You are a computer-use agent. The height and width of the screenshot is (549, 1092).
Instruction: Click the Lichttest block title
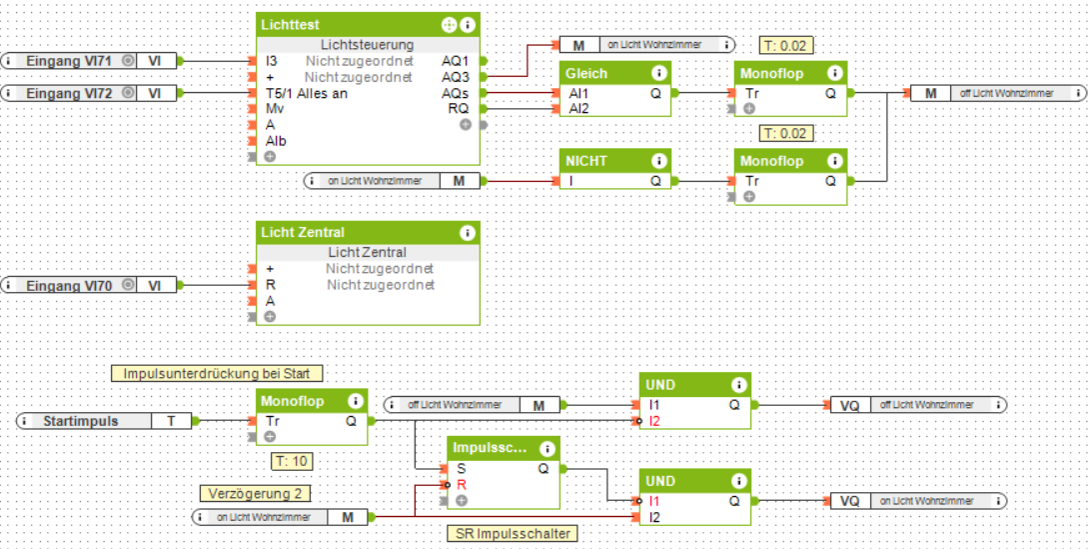[x=290, y=24]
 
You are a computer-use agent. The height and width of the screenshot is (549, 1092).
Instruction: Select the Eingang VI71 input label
[x=69, y=61]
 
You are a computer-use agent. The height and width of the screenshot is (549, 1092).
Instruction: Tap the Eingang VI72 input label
[x=69, y=93]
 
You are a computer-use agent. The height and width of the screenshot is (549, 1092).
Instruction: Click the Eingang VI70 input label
[x=69, y=286]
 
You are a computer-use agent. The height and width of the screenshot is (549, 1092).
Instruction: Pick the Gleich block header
[x=586, y=73]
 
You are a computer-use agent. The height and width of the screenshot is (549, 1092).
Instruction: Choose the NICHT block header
[x=586, y=160]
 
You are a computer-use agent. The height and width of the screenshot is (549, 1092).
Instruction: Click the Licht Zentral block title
[x=304, y=232]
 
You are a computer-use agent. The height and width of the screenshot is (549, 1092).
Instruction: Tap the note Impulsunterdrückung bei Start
[x=217, y=373]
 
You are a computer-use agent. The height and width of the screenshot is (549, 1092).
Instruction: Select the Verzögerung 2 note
[x=255, y=493]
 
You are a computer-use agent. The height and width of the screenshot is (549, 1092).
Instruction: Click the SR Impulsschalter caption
[x=511, y=533]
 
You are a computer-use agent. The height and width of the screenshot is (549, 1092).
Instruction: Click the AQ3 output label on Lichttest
[x=456, y=77]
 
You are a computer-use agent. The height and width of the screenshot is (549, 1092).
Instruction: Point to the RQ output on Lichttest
[x=459, y=108]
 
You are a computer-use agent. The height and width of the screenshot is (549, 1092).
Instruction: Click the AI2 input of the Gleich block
[x=578, y=108]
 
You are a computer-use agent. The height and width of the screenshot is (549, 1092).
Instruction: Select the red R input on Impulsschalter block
[x=460, y=484]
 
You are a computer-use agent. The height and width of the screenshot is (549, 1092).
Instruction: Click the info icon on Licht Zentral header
[x=467, y=232]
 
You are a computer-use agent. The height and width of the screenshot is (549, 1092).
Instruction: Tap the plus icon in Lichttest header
[x=449, y=24]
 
